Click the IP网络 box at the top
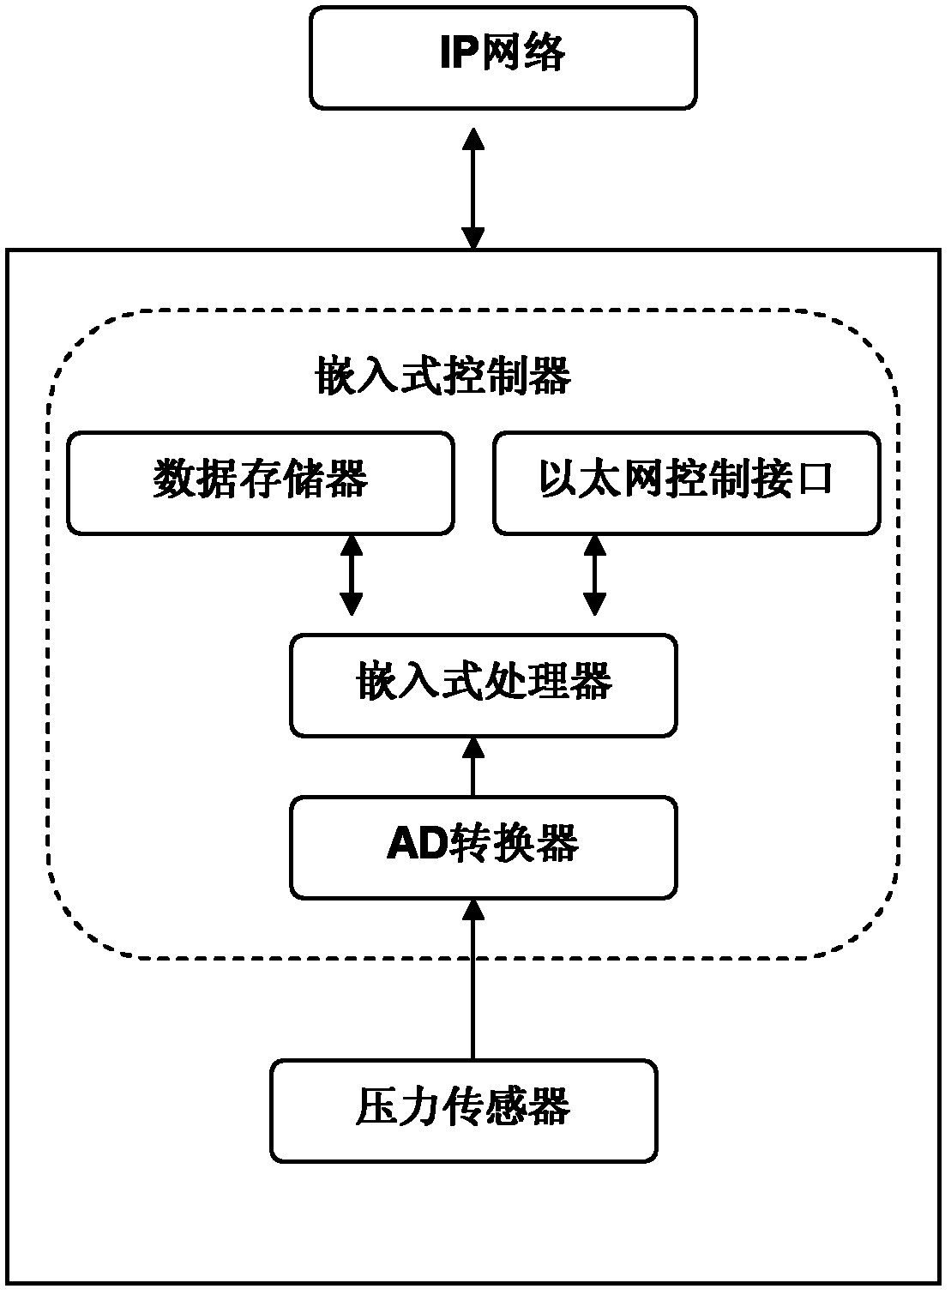click(503, 57)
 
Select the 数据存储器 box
click(260, 483)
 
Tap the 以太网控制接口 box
click(686, 483)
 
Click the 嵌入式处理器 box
click(484, 685)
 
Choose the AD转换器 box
click(484, 847)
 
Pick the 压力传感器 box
click(464, 1111)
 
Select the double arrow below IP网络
click(472, 188)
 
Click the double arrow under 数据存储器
click(351, 575)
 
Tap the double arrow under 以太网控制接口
click(594, 575)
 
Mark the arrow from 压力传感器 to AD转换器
click(471, 978)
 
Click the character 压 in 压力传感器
click(375, 1107)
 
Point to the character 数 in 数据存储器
click(174, 479)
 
